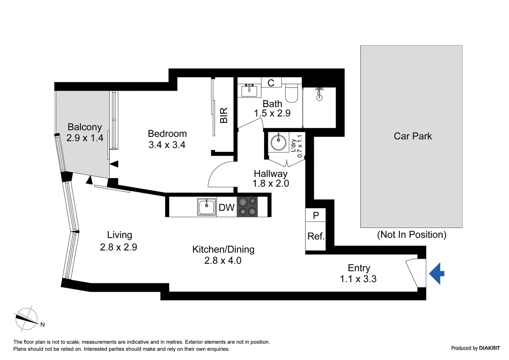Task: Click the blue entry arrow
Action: click(x=437, y=274)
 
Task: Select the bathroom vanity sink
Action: click(x=249, y=90)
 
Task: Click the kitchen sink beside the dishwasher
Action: click(x=207, y=207)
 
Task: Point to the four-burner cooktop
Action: click(x=247, y=207)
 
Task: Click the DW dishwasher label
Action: click(x=227, y=207)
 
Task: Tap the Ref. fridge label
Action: click(x=316, y=236)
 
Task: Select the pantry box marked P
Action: click(x=315, y=215)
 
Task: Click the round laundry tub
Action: click(x=278, y=142)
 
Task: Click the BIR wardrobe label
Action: click(x=224, y=115)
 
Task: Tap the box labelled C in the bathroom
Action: click(x=271, y=83)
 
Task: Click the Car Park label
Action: click(x=413, y=136)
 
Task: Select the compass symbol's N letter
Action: click(x=42, y=324)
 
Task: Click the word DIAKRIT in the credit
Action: click(x=489, y=348)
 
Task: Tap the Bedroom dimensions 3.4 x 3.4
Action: click(x=167, y=145)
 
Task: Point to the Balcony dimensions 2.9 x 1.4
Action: click(x=85, y=138)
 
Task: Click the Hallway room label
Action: click(x=271, y=174)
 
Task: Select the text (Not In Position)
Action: click(x=412, y=235)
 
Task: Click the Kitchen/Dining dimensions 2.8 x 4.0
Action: click(x=223, y=261)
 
